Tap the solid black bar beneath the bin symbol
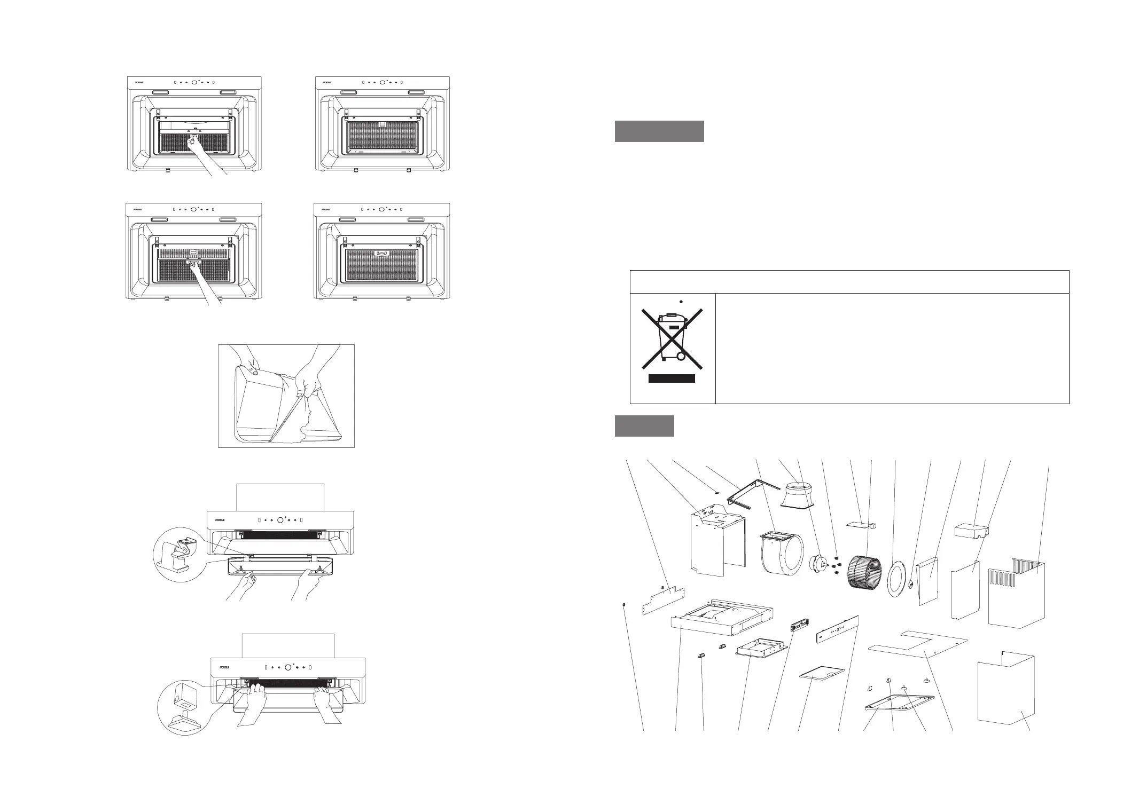click(x=672, y=378)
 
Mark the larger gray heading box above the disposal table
click(x=659, y=131)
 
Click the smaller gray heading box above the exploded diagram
click(x=644, y=425)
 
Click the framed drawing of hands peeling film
click(x=286, y=396)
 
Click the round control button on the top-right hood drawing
click(x=382, y=83)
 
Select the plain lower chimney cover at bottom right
click(x=1005, y=693)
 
